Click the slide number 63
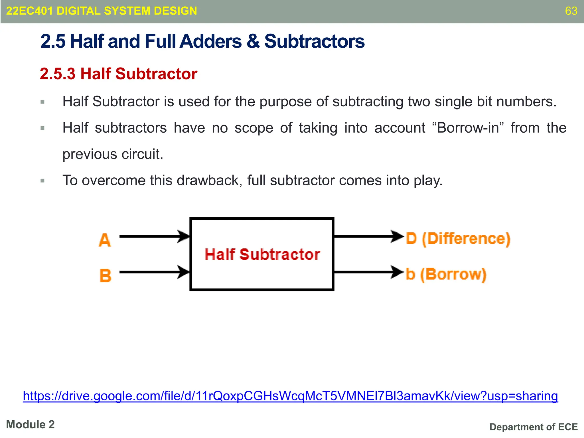coord(571,11)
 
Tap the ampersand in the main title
coord(253,41)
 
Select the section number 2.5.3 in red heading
coord(58,74)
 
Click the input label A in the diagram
coord(105,240)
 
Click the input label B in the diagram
coord(106,276)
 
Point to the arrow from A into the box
coord(154,236)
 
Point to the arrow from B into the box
coord(154,272)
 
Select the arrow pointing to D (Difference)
coord(368,236)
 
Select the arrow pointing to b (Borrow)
coord(368,272)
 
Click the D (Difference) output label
coord(458,239)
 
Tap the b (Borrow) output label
coord(446,274)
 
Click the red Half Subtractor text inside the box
coord(262,254)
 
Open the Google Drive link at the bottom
coord(290,396)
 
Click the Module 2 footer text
coord(30,425)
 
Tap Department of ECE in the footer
coord(534,427)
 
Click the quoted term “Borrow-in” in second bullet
coord(468,128)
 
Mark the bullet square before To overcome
coord(42,181)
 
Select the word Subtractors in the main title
coord(314,41)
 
